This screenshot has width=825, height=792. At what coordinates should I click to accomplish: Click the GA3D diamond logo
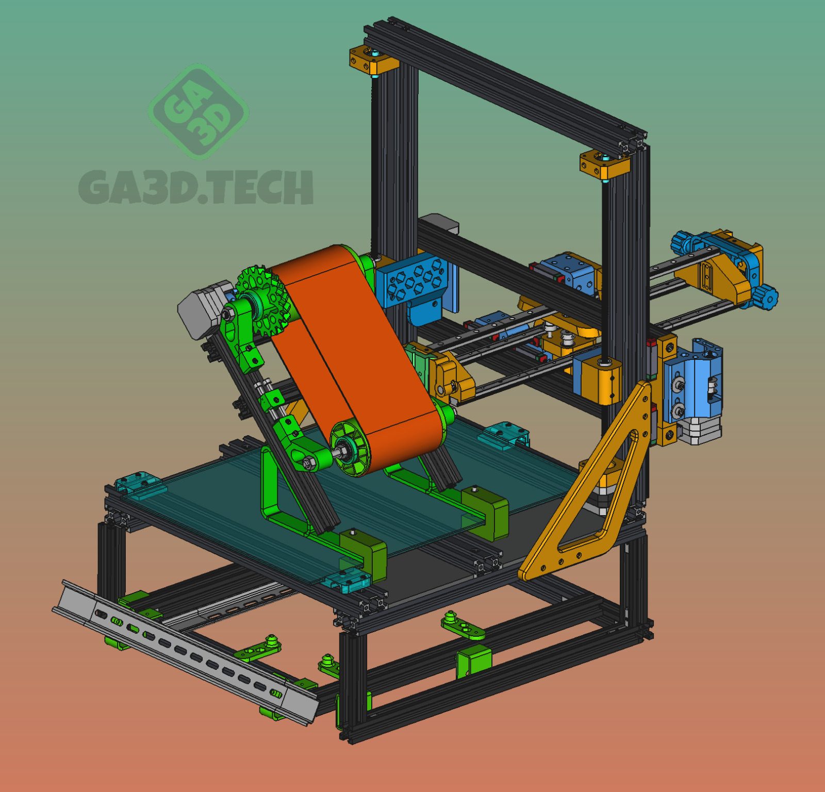pyautogui.click(x=199, y=111)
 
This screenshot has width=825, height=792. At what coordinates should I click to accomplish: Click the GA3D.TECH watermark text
pyautogui.click(x=196, y=187)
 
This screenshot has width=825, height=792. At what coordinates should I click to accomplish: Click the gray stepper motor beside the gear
pyautogui.click(x=204, y=309)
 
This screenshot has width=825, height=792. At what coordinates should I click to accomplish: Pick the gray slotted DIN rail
pyautogui.click(x=186, y=653)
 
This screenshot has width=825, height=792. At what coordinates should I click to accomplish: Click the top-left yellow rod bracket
pyautogui.click(x=374, y=59)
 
